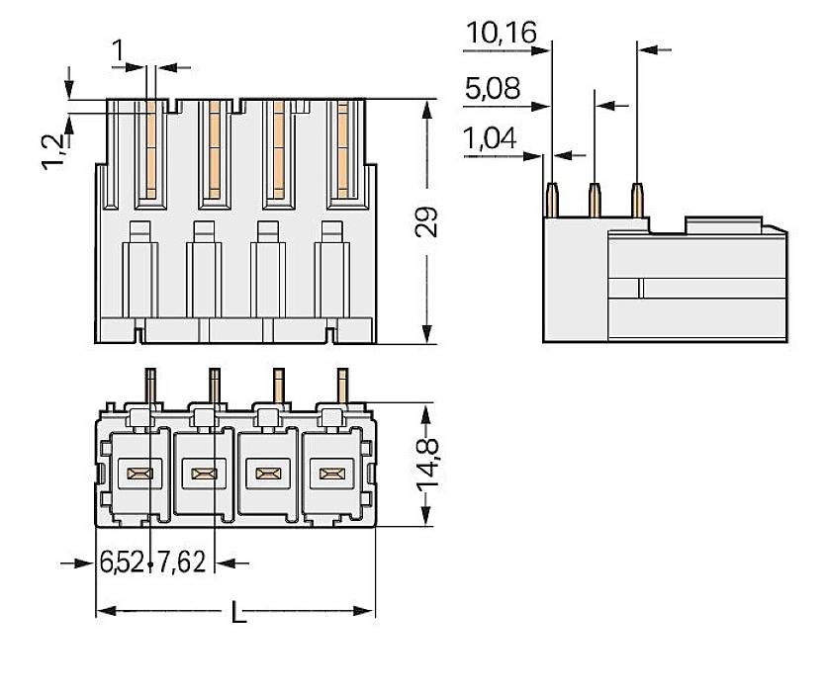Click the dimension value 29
(x=426, y=222)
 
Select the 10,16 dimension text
(x=501, y=34)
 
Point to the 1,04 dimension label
(x=490, y=139)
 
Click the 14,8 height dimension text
(x=426, y=465)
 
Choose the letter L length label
(x=237, y=614)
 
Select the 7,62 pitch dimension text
(x=181, y=563)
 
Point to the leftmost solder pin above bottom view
(x=151, y=386)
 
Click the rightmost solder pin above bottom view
(x=342, y=386)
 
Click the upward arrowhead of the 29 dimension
(x=426, y=107)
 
